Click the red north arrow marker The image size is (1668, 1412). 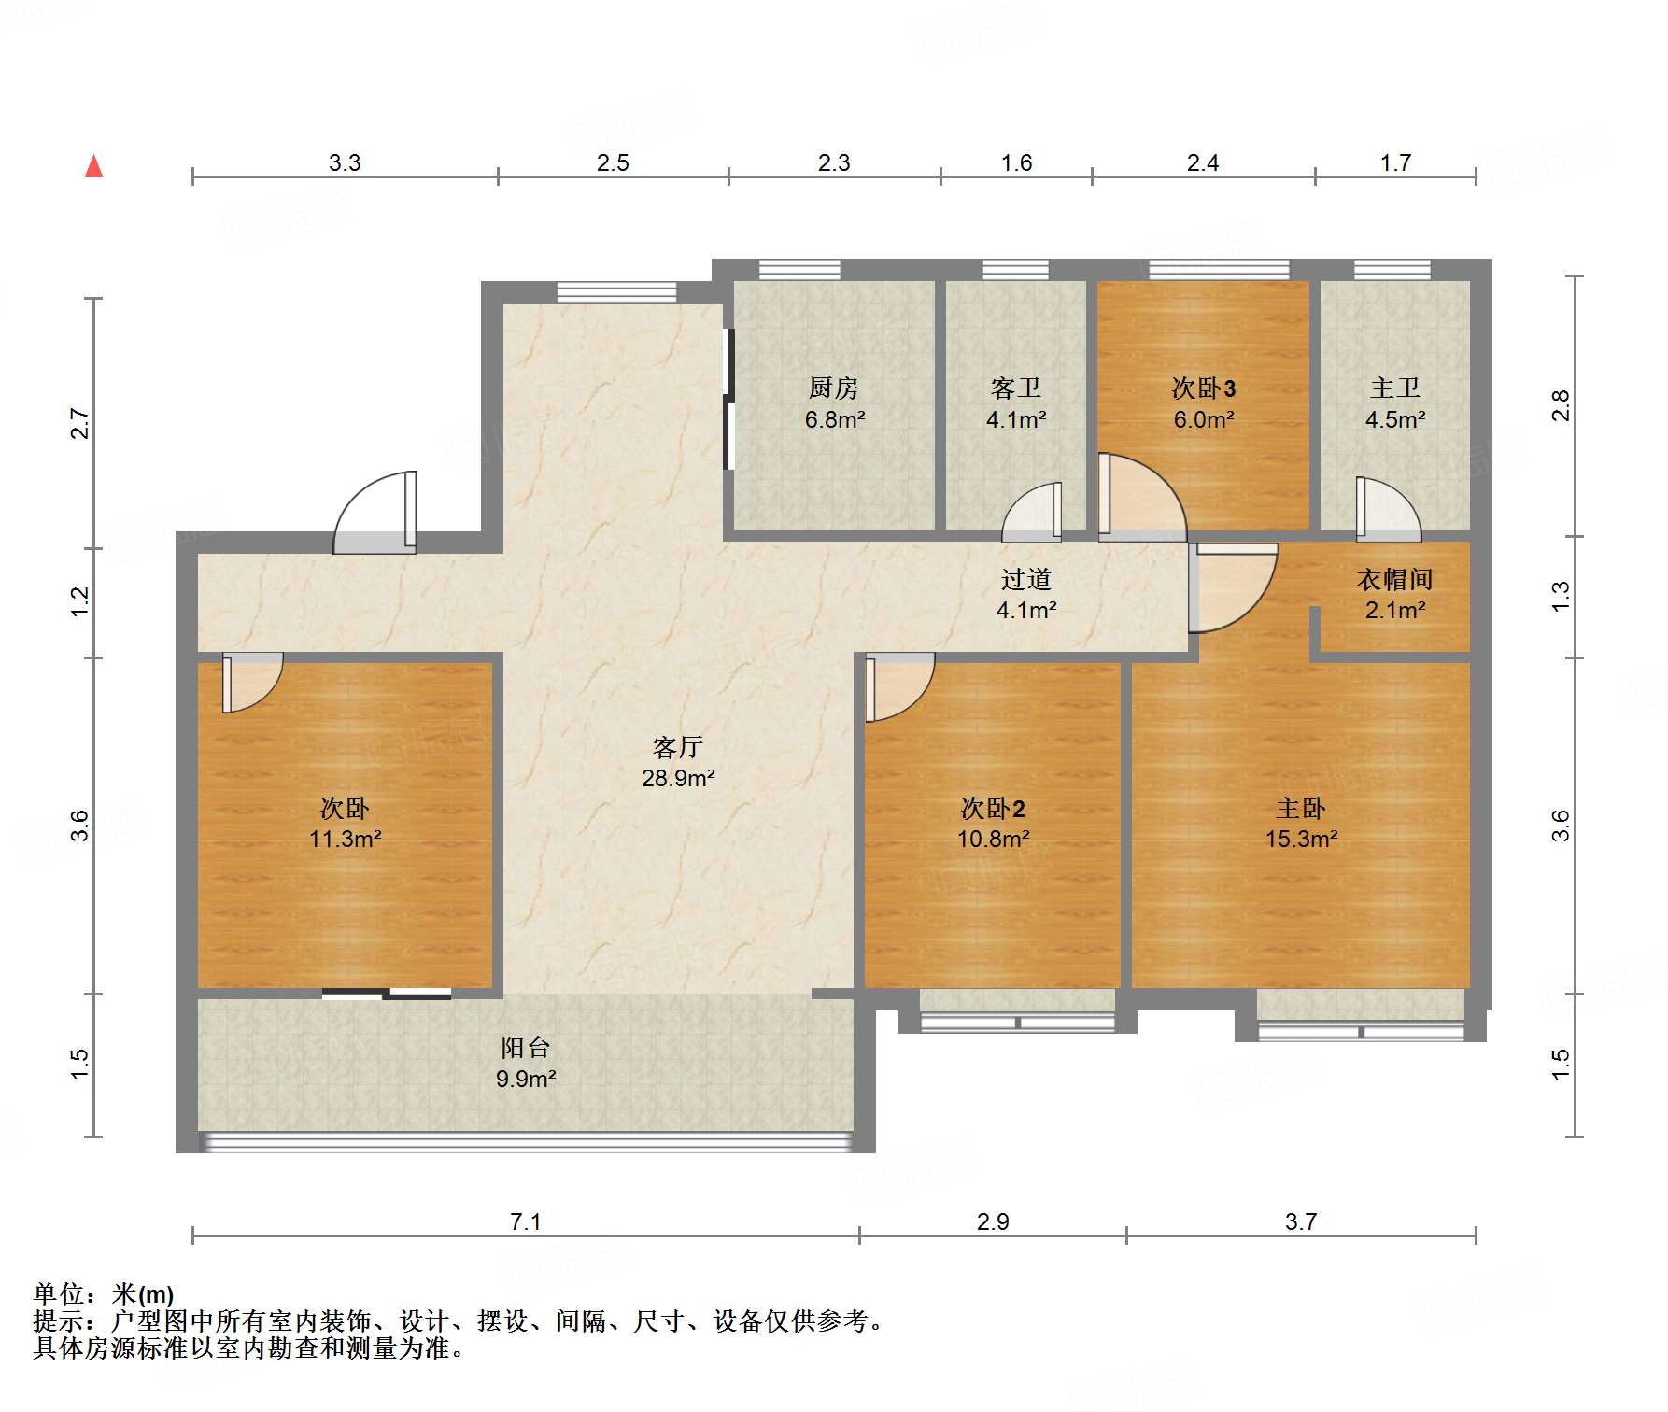[x=93, y=166]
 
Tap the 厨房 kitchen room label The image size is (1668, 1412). [x=833, y=388]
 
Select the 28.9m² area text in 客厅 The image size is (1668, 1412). [x=678, y=778]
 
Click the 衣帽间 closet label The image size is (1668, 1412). [x=1394, y=580]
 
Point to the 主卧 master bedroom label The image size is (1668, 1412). [x=1301, y=808]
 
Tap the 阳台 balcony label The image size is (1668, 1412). [x=525, y=1048]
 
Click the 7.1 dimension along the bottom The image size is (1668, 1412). [x=525, y=1221]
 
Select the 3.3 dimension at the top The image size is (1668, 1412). [x=344, y=163]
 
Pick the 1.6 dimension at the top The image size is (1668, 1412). [x=1016, y=163]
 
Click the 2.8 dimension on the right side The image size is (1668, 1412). [x=1560, y=405]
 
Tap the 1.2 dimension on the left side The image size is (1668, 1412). [x=80, y=600]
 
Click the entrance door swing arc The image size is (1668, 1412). [x=374, y=509]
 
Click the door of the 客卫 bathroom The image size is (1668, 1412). [x=1033, y=514]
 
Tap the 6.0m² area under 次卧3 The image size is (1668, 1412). [x=1204, y=420]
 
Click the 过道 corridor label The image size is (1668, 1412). [x=1025, y=580]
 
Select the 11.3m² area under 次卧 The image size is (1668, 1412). [x=345, y=839]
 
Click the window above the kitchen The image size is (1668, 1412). [x=799, y=270]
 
